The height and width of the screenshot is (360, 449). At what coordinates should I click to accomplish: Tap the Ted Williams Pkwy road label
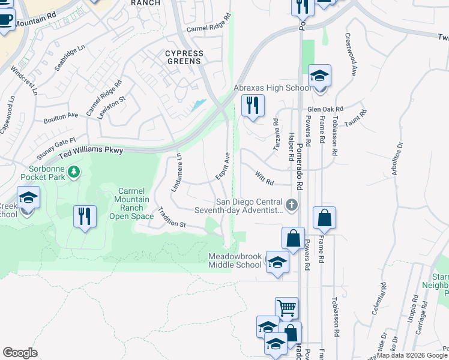pos(91,152)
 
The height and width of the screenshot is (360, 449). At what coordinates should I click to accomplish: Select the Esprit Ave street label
pos(223,166)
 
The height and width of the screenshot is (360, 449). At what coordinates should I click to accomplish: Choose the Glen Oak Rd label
pos(324,109)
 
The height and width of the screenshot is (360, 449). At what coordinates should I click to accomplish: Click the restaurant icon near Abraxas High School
pos(253,105)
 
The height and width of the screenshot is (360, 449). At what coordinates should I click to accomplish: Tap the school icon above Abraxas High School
pos(320,76)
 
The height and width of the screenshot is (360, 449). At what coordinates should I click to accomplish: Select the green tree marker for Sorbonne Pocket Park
pos(74,173)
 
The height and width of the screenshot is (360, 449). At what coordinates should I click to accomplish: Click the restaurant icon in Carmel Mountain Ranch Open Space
pos(85,215)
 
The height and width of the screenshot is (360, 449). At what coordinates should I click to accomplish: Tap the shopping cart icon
pos(287,308)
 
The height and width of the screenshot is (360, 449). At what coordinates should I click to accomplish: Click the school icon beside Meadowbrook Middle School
pos(277,262)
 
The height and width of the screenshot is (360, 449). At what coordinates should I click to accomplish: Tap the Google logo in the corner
pos(20,352)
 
